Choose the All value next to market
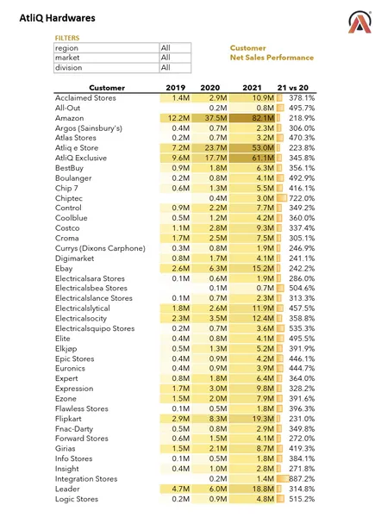tap(166, 58)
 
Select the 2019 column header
tap(176, 88)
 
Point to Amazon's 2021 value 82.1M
tap(262, 118)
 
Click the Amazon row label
tap(70, 118)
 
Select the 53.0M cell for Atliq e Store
tap(261, 147)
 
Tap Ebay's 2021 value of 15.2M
tap(262, 268)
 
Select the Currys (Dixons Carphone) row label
tap(95, 248)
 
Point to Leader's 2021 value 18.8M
tap(262, 489)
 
